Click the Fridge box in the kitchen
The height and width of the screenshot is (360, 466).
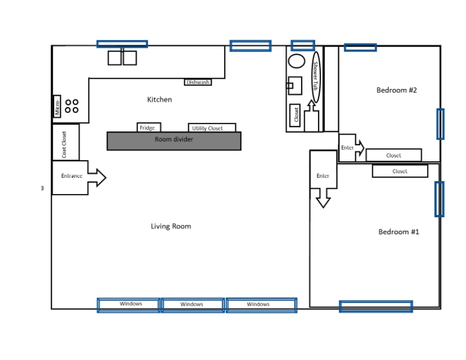pos(149,128)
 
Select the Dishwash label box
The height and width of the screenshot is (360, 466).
pos(198,82)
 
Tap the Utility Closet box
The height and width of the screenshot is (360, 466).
pos(212,128)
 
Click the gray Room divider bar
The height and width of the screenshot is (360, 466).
pos(174,140)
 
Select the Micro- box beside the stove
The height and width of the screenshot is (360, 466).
pos(57,107)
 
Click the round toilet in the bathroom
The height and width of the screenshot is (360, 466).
pos(297,61)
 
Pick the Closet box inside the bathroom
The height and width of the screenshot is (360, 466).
pos(295,115)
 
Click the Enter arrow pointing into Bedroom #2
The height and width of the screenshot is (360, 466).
pos(351,148)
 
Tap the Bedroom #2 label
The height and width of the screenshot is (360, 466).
pos(397,90)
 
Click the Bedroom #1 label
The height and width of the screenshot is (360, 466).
pos(399,232)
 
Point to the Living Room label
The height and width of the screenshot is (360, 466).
pos(171,226)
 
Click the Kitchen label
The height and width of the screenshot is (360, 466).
pos(159,100)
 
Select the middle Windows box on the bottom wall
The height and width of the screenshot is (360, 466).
pos(192,304)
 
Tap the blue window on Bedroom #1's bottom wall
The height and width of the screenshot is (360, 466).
pos(376,306)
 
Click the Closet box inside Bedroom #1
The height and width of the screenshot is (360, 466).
pos(400,171)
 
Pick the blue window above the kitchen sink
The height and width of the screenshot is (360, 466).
pos(122,44)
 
